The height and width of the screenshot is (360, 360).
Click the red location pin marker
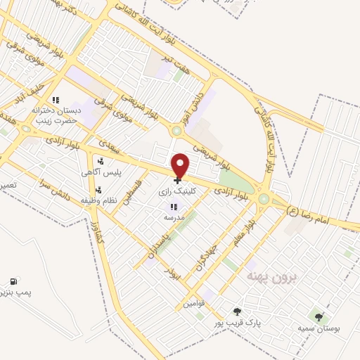tap(181, 165)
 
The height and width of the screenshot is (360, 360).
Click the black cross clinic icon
tap(176, 180)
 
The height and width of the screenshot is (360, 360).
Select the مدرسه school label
tap(174, 217)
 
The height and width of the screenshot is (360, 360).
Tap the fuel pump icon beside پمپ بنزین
tap(14, 281)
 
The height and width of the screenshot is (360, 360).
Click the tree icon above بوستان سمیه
tap(320, 318)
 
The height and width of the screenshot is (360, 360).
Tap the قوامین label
tap(193, 304)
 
